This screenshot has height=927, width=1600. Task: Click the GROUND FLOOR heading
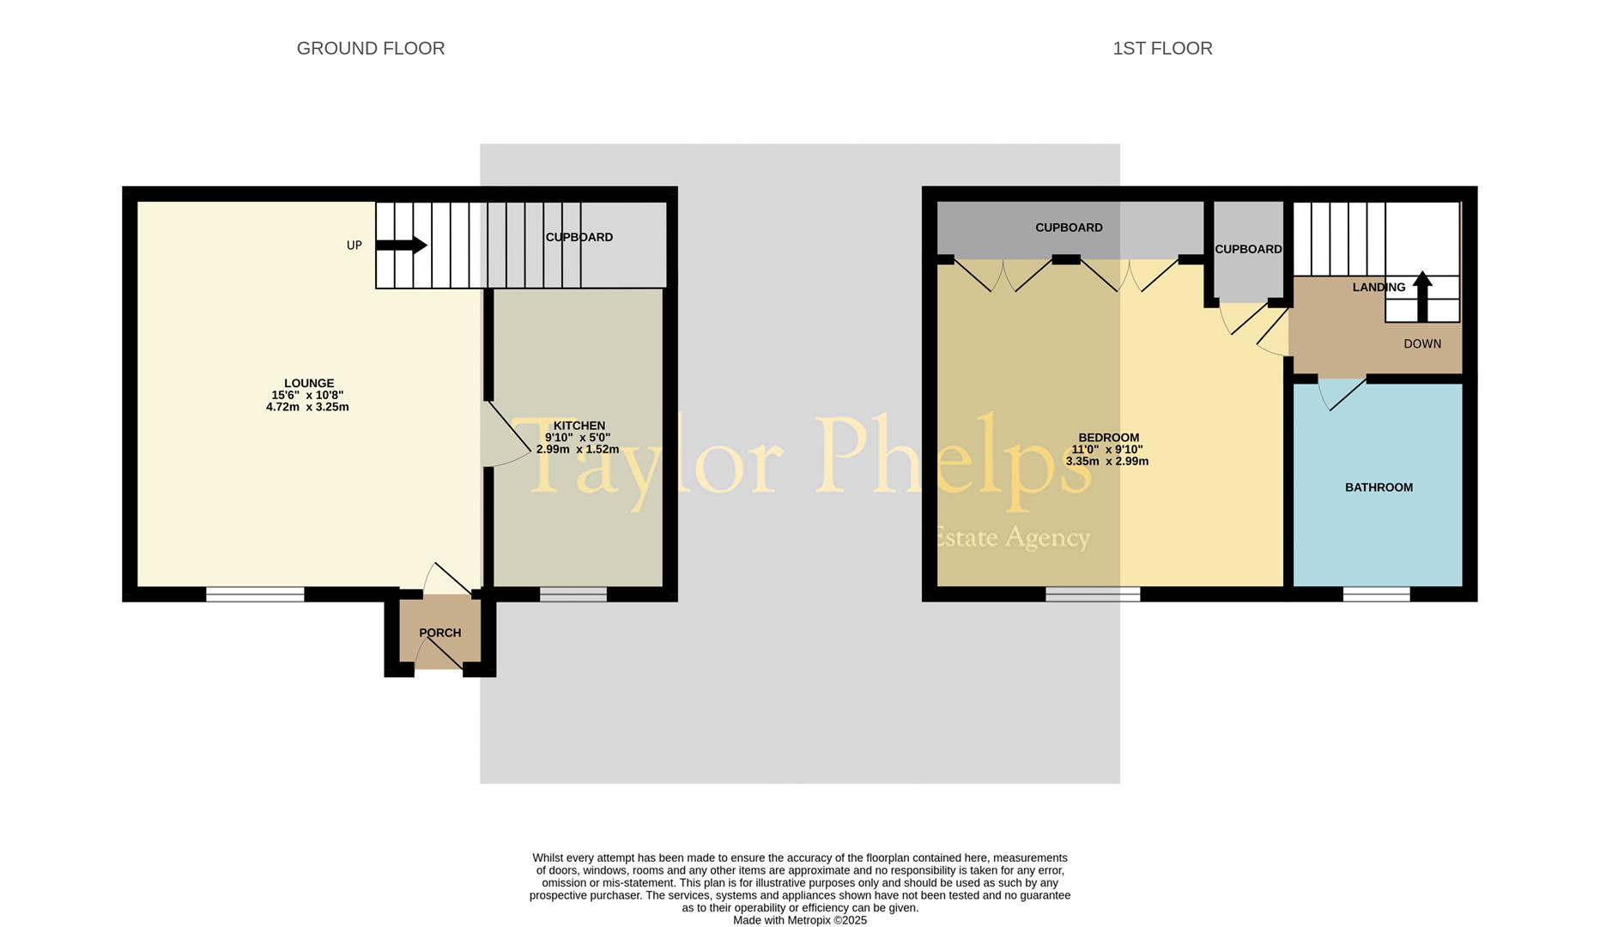371,49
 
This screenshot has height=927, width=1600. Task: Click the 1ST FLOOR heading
1162,49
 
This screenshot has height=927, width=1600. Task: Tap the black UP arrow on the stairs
402,245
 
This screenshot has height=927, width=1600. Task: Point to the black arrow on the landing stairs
1422,295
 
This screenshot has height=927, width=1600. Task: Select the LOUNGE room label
309,384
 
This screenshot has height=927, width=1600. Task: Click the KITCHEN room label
579,426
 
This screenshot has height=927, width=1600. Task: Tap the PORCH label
439,633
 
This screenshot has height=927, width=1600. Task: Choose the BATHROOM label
1379,488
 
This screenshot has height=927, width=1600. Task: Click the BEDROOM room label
1108,438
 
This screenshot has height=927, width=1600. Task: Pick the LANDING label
1379,288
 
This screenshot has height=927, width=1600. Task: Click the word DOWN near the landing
1422,344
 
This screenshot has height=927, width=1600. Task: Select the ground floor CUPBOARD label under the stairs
579,238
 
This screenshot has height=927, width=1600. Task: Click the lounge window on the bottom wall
255,594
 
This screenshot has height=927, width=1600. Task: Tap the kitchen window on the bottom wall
573,594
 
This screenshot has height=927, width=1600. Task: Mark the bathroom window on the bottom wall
1376,594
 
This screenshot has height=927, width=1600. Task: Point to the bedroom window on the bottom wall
1093,594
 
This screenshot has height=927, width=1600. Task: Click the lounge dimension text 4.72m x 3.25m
307,407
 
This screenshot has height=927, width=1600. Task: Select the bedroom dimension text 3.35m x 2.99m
1106,461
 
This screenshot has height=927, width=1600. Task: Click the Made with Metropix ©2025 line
799,920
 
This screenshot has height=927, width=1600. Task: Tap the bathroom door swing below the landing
1341,393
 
